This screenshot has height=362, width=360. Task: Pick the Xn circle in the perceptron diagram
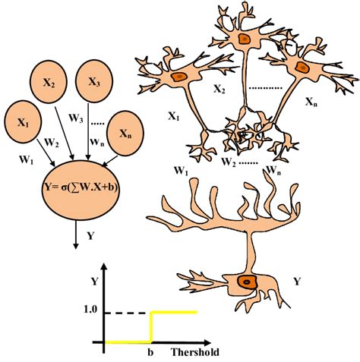pyautogui.click(x=125, y=132)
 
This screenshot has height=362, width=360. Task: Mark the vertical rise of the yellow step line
pyautogui.click(x=152, y=326)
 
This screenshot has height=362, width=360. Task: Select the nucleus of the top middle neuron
pyautogui.click(x=243, y=38)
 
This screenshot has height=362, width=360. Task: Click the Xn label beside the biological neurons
pyautogui.click(x=312, y=101)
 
